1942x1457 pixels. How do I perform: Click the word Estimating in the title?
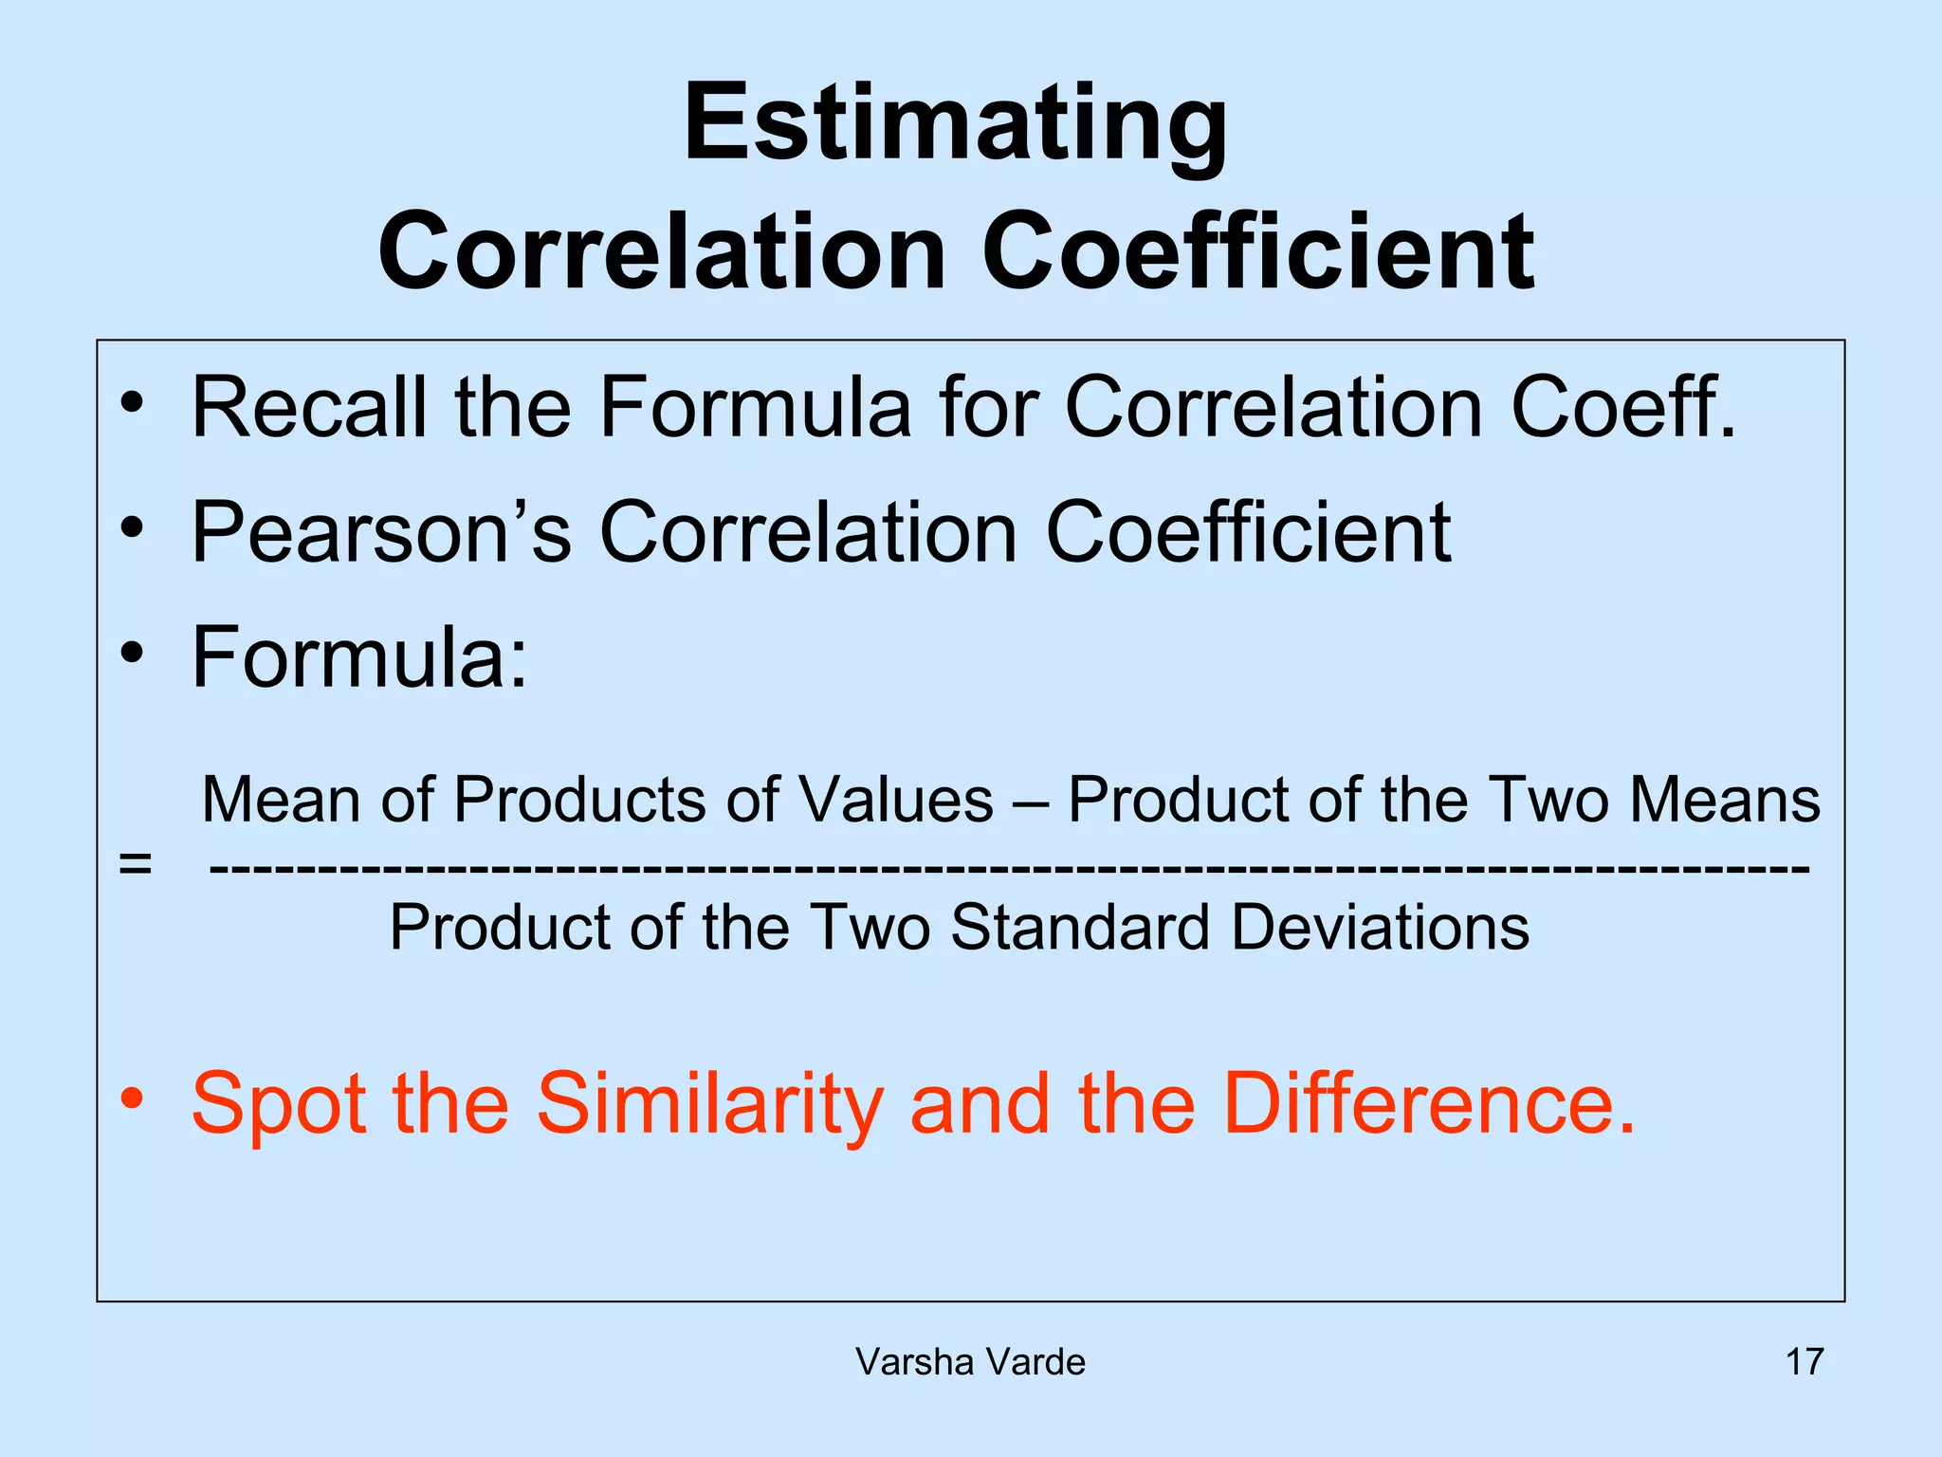[955, 123]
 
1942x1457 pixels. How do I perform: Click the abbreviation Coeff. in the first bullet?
[1622, 407]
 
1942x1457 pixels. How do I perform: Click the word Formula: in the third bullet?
[359, 657]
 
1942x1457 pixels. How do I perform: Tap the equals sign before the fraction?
[135, 864]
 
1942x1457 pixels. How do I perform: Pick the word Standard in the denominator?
[1080, 927]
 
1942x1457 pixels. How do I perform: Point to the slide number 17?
[1805, 1362]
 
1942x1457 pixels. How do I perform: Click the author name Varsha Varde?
[970, 1362]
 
